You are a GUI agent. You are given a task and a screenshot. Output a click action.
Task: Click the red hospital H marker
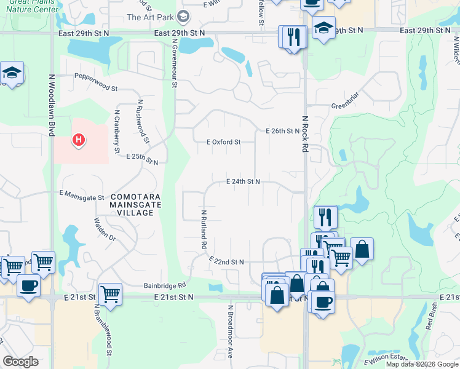point(78,141)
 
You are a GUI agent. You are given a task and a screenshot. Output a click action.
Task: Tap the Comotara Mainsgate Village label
point(135,205)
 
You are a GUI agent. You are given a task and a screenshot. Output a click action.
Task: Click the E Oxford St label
point(223,142)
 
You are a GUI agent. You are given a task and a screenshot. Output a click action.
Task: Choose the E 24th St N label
point(244,182)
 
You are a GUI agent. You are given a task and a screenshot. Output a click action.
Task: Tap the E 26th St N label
point(282,131)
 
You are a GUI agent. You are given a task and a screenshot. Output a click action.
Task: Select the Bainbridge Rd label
point(165,285)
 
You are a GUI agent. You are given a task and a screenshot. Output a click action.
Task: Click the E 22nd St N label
point(226,262)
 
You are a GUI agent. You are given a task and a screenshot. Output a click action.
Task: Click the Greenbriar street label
point(345,105)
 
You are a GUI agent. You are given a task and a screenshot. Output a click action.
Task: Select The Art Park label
point(150,17)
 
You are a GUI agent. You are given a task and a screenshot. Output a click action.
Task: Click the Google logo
point(20,362)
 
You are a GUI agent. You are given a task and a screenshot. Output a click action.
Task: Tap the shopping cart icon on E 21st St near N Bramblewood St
point(110,295)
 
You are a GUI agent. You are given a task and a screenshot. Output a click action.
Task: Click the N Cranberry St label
point(116,132)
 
